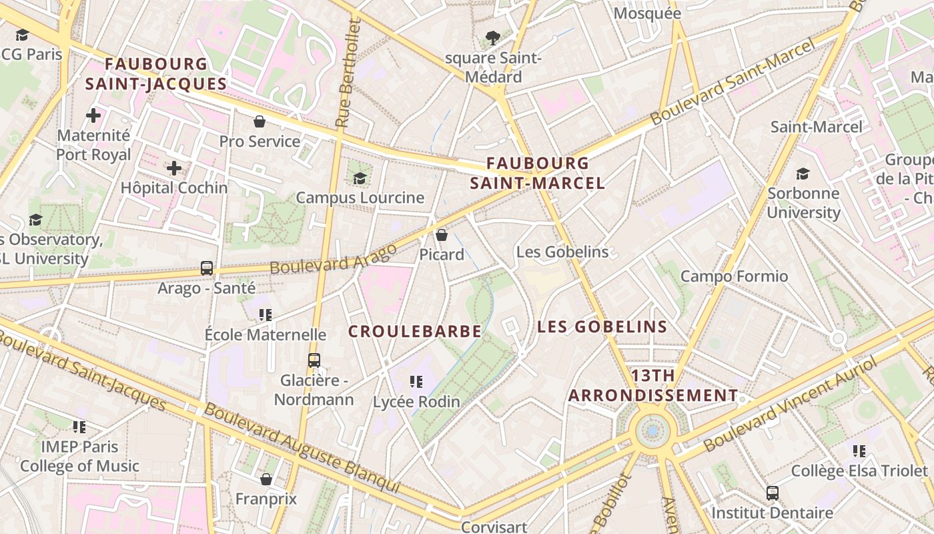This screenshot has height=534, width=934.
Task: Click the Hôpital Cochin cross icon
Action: (174, 168)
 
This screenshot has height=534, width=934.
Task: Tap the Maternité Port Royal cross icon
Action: (93, 115)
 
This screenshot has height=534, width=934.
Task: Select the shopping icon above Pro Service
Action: (260, 121)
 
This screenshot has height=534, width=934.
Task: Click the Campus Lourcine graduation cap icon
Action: (360, 178)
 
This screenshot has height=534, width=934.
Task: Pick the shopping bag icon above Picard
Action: (441, 235)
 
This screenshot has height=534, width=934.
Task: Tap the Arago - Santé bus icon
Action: (207, 268)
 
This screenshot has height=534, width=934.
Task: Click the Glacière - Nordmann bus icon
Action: (314, 360)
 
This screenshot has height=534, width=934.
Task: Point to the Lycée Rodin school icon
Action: (416, 382)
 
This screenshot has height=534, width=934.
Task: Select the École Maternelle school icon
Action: (266, 314)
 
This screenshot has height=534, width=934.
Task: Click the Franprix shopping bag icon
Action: (266, 479)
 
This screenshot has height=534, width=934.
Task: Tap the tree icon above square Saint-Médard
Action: (493, 38)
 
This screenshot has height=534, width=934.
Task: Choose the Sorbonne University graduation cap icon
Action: (803, 174)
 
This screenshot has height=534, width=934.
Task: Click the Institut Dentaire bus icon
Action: (772, 493)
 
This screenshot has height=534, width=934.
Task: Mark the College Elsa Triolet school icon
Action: (859, 451)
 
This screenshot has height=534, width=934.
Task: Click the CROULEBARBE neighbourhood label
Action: (415, 331)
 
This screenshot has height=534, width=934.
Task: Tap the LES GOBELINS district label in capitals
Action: (602, 326)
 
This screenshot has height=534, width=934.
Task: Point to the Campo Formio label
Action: (734, 276)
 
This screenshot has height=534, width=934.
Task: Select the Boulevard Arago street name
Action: (333, 258)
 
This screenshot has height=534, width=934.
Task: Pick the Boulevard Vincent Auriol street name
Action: (790, 405)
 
